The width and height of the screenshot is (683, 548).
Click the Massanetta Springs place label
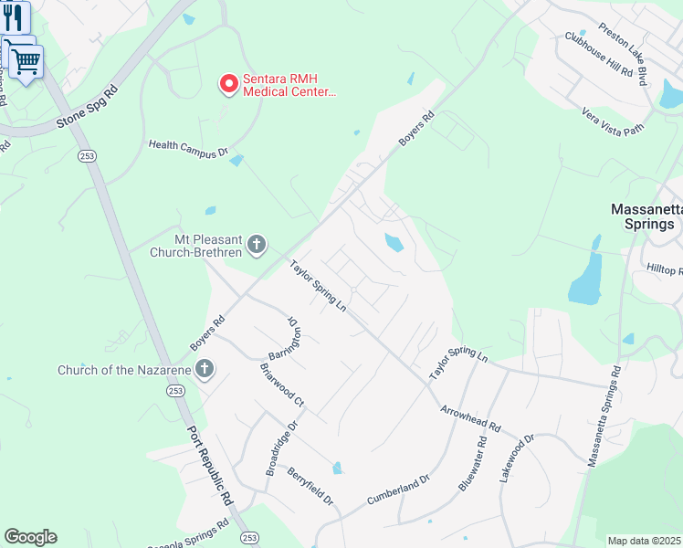646,216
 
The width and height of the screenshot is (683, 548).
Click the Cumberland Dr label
397,490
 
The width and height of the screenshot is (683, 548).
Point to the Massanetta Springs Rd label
603,416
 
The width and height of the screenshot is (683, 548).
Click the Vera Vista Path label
613,121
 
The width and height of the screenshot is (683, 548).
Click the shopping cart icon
26,61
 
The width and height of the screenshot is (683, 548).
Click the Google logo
30,537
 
